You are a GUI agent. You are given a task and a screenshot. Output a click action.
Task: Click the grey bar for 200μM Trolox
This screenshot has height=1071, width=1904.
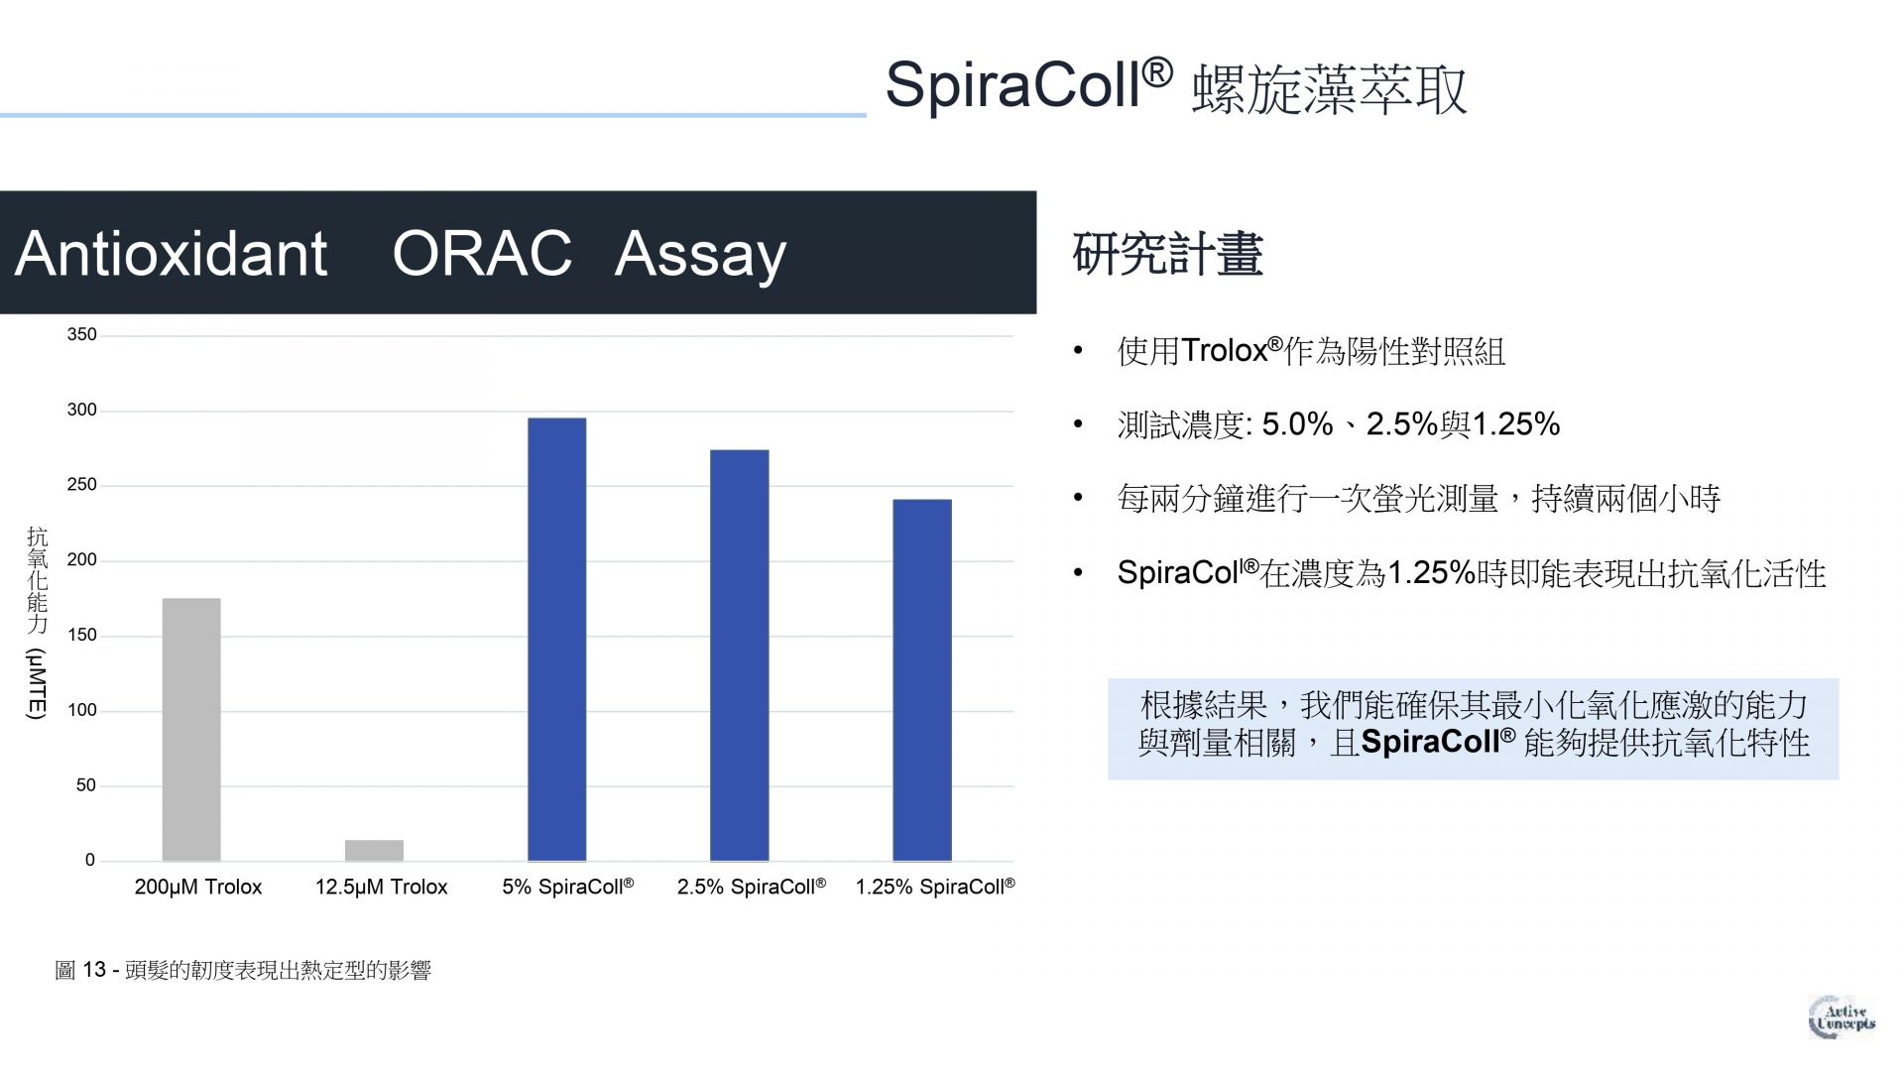[x=191, y=729]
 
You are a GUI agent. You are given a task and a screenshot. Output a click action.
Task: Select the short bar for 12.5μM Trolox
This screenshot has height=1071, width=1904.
[x=374, y=850]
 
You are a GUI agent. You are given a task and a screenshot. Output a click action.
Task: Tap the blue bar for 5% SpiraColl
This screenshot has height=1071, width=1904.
[x=556, y=640]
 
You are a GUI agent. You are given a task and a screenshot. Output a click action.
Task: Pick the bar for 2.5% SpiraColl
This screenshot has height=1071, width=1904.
[x=739, y=655]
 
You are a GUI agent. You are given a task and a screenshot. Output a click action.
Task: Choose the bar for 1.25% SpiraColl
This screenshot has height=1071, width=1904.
[x=922, y=680]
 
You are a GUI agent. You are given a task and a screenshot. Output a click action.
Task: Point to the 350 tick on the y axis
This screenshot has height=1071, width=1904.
[x=82, y=335]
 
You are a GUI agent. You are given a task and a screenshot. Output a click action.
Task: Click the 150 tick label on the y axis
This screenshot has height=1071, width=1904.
[x=82, y=636]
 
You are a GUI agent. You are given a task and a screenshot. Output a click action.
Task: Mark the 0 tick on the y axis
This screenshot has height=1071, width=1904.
[x=90, y=861]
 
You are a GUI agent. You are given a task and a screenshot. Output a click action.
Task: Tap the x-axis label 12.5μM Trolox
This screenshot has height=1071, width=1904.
[x=381, y=887]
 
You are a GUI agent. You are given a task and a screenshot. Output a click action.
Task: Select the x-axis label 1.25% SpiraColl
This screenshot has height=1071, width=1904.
[x=935, y=887]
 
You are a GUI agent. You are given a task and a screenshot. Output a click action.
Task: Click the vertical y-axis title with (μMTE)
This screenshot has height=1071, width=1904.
[x=37, y=623]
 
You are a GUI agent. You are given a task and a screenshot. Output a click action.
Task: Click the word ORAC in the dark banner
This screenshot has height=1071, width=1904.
[x=482, y=253]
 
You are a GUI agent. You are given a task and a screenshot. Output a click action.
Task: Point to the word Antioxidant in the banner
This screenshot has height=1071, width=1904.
[x=172, y=253]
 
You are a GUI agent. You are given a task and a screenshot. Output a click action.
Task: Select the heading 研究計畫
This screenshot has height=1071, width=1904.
[x=1167, y=254]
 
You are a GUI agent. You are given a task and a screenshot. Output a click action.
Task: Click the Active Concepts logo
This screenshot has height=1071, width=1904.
[x=1842, y=1017]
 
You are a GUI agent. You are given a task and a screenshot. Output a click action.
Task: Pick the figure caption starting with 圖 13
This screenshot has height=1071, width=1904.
[x=243, y=970]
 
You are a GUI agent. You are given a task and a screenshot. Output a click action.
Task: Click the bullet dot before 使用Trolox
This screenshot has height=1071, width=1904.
[x=1079, y=351]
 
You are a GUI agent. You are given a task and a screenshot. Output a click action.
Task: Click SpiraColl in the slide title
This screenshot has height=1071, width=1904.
[x=1028, y=84]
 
